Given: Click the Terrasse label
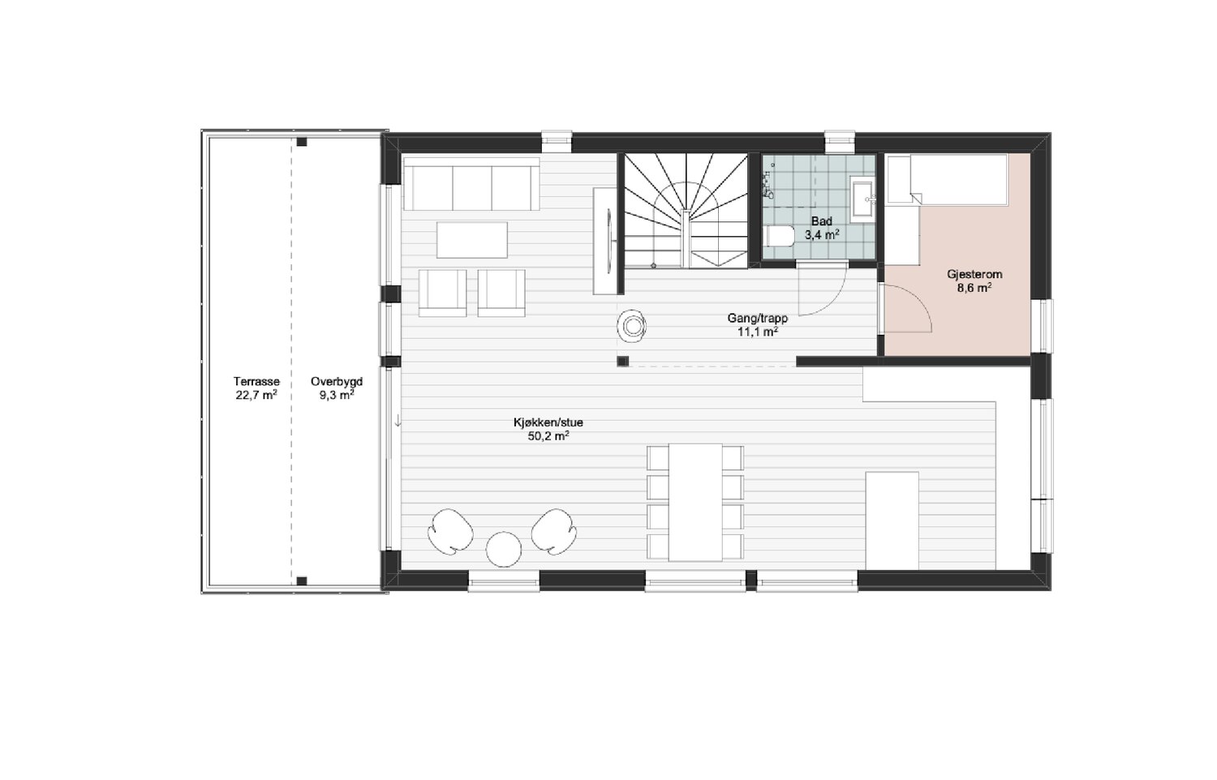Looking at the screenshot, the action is (256, 381).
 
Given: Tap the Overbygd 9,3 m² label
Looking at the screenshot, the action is (337, 388).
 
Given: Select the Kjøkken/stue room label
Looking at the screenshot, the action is (548, 422).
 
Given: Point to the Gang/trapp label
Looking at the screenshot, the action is (757, 319).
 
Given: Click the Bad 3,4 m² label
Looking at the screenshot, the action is (822, 228).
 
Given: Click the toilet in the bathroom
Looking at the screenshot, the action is (780, 236).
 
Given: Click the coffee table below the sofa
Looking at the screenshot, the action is (472, 239).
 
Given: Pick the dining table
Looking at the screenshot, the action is (695, 502).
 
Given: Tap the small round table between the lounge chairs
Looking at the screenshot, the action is (504, 549).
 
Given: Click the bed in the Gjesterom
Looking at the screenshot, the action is (947, 179).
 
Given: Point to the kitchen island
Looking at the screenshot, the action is (892, 521).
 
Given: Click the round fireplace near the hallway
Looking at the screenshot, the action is (632, 326).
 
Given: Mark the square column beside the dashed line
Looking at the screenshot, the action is (622, 362).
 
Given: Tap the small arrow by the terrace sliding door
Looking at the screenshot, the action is (398, 421).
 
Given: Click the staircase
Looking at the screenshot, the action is (686, 211).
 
